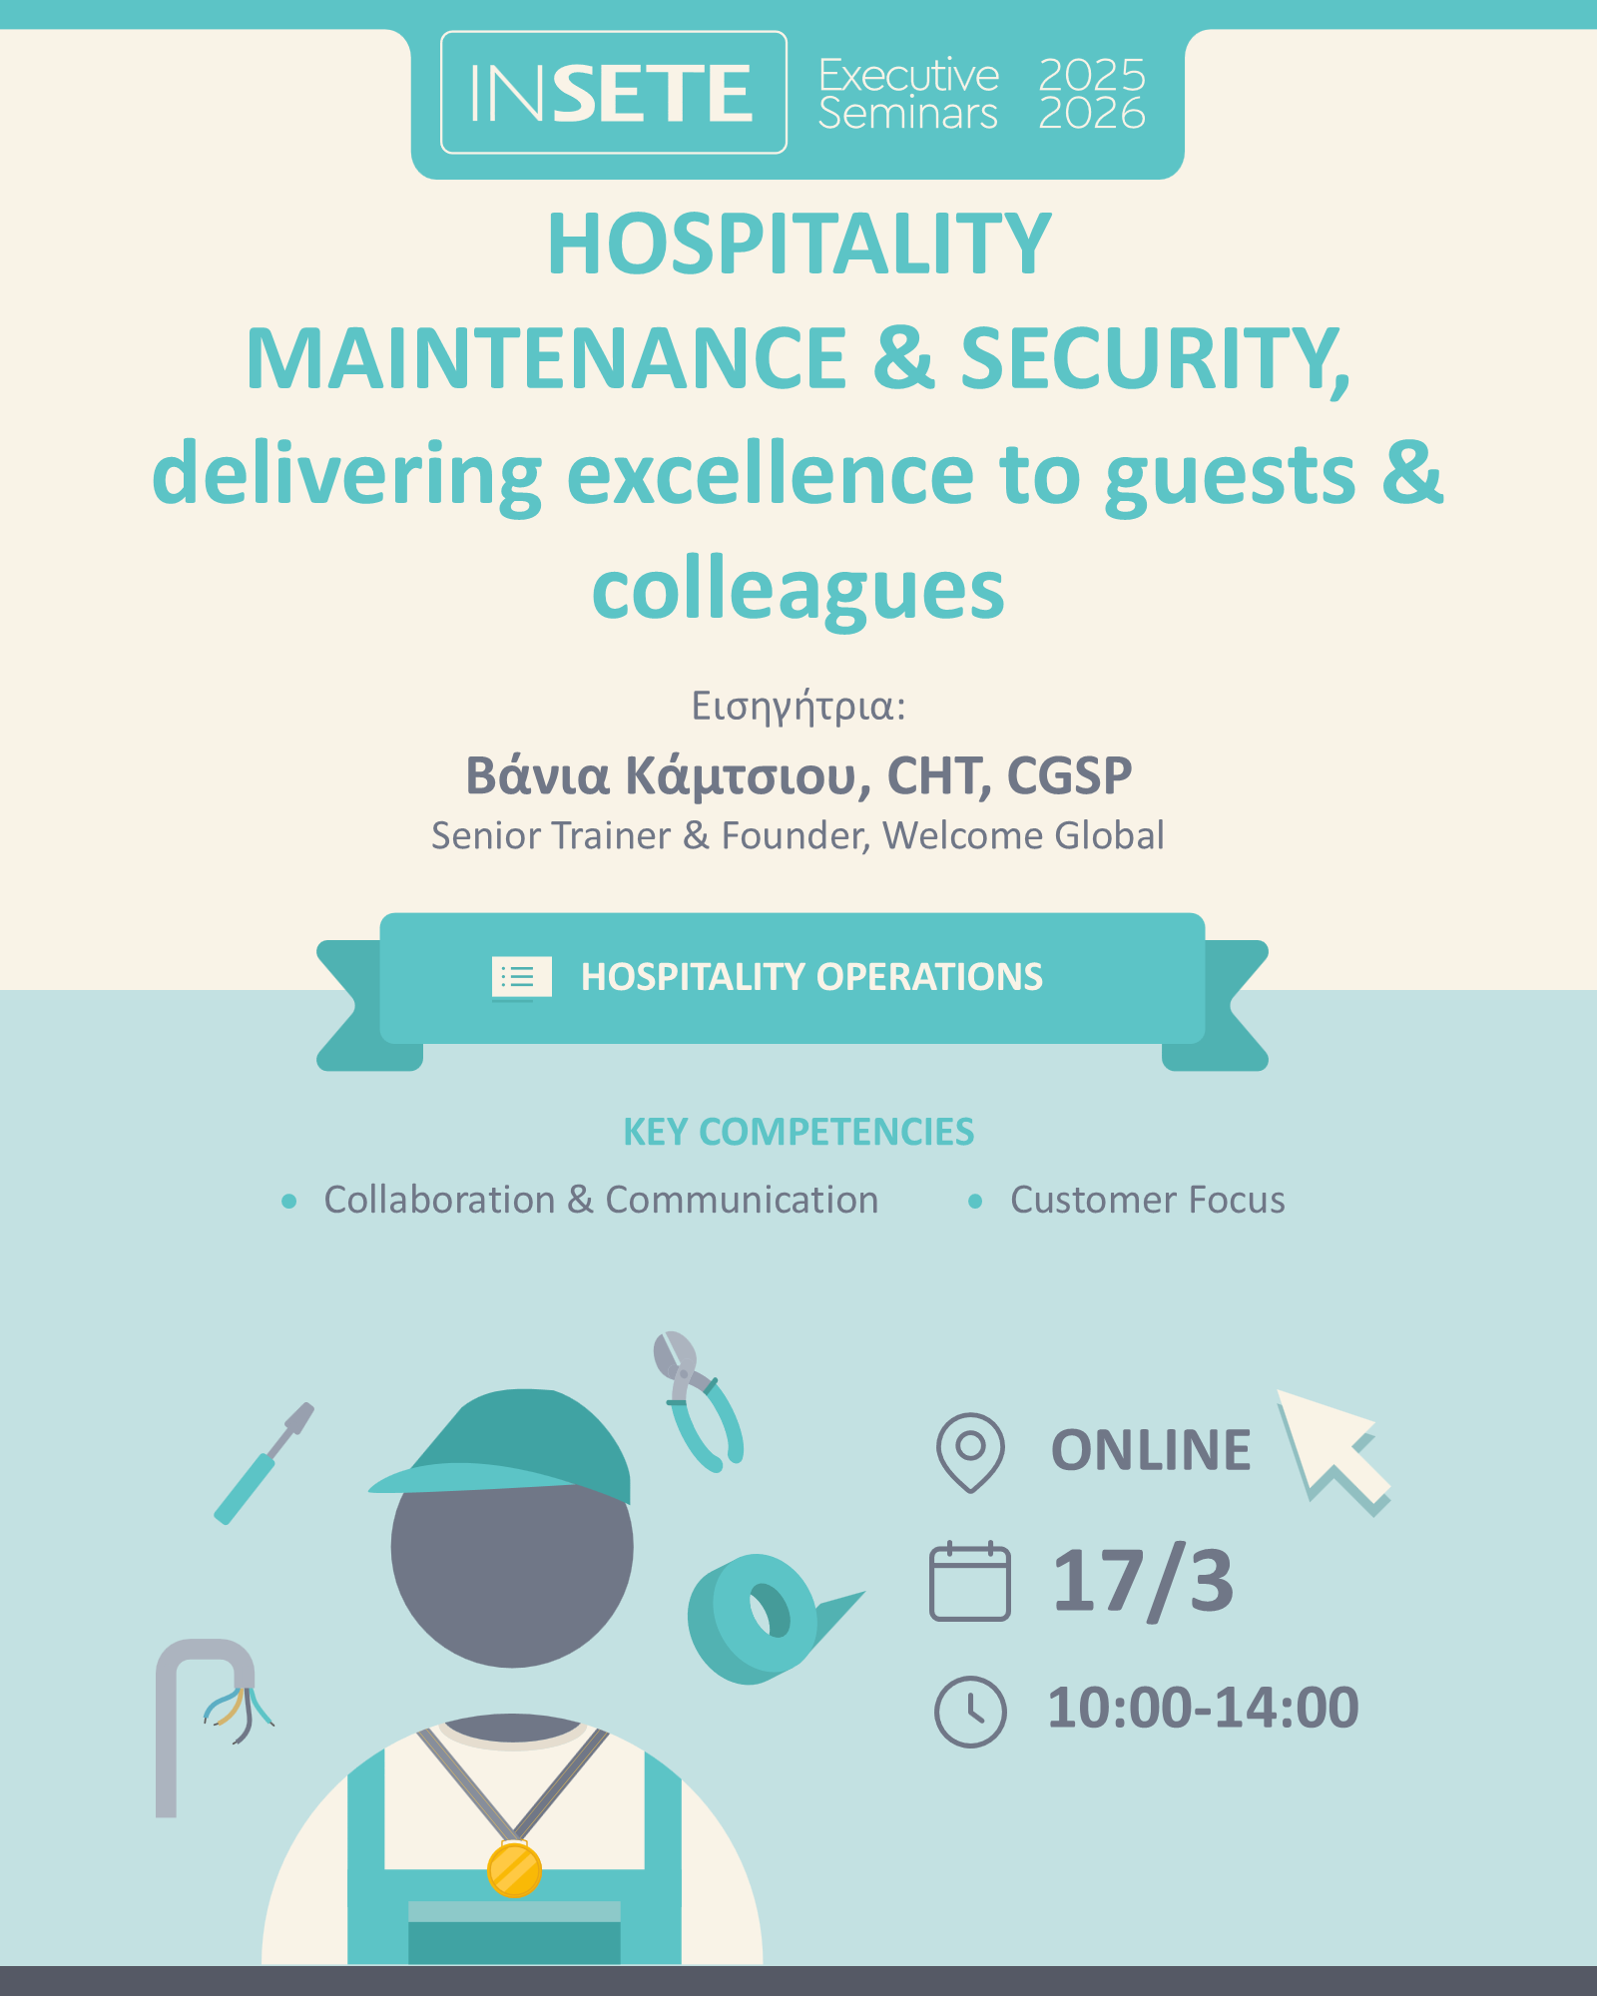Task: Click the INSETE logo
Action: (613, 93)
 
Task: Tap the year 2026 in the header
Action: (1092, 113)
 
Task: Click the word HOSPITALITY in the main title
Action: (799, 244)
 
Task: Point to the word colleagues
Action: (798, 591)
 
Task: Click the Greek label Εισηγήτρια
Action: (798, 707)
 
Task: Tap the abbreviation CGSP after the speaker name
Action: (1069, 775)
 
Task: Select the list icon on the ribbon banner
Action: (521, 977)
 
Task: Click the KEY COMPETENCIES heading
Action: (798, 1132)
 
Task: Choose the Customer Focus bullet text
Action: (1148, 1200)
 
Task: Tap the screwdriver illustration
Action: (264, 1463)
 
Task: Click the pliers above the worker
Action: (698, 1401)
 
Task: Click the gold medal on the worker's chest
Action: (514, 1869)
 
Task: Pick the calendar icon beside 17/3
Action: (969, 1581)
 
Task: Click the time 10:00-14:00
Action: (1203, 1708)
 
